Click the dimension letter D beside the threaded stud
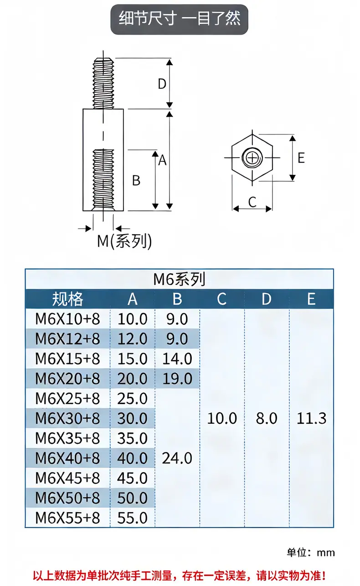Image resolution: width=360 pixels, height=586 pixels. (162, 84)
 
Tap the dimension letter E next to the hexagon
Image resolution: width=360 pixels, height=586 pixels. (301, 158)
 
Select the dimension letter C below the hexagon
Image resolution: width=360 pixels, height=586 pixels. (252, 202)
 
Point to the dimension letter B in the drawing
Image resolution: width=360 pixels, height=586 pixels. (136, 180)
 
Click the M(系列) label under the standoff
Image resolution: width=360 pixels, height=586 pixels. (124, 241)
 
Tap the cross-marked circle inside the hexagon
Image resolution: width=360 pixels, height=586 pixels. (252, 158)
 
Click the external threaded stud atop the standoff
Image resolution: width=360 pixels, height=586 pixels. (103, 83)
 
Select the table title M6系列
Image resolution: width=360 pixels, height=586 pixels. (179, 279)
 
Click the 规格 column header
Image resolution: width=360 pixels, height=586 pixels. (68, 299)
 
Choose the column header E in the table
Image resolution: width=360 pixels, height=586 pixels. (311, 299)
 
